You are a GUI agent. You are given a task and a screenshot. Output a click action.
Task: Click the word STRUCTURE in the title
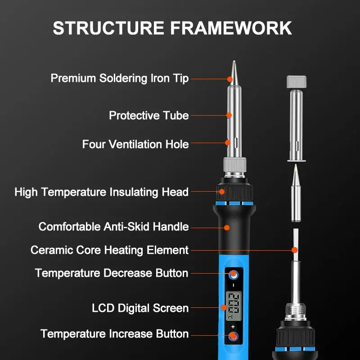coord(108,28)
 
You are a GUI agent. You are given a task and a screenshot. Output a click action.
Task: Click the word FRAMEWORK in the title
coord(231,28)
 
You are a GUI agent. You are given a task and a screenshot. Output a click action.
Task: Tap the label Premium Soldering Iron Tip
coord(119,78)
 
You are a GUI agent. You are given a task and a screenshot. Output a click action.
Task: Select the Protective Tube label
coord(148,116)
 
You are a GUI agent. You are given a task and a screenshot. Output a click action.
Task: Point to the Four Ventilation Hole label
coord(135,144)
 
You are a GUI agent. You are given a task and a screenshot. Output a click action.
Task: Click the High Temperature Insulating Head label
coord(101,192)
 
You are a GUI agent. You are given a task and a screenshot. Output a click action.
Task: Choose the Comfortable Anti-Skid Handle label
coord(113,226)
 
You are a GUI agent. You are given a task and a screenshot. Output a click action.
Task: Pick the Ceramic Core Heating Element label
coord(109,250)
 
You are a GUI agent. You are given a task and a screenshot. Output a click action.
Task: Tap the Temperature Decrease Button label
coord(112,273)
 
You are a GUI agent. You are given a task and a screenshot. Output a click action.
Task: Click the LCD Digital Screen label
coord(140,308)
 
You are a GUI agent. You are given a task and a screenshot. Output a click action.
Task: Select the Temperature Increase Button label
coord(114,334)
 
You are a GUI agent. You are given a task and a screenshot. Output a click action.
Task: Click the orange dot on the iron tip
coord(229,79)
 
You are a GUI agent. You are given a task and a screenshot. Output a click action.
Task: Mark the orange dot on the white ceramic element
coord(295,250)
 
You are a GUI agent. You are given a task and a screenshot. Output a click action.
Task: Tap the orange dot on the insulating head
coord(221,192)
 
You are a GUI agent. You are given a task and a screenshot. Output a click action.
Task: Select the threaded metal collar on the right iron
coord(296,310)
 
